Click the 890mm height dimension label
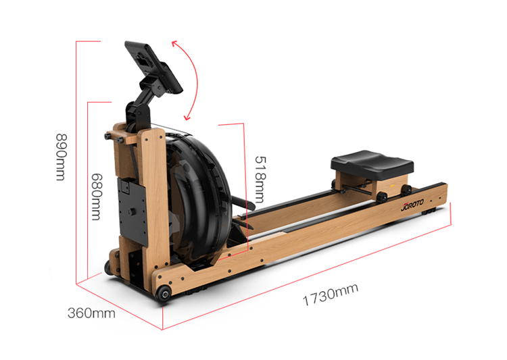[x=61, y=157]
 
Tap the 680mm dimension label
[x=96, y=197]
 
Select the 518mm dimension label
[x=260, y=179]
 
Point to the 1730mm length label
[x=331, y=294]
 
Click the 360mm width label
[x=91, y=313]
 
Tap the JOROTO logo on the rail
[x=412, y=205]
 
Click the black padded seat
[x=372, y=164]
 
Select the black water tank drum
[x=197, y=197]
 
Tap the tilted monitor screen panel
[x=153, y=68]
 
